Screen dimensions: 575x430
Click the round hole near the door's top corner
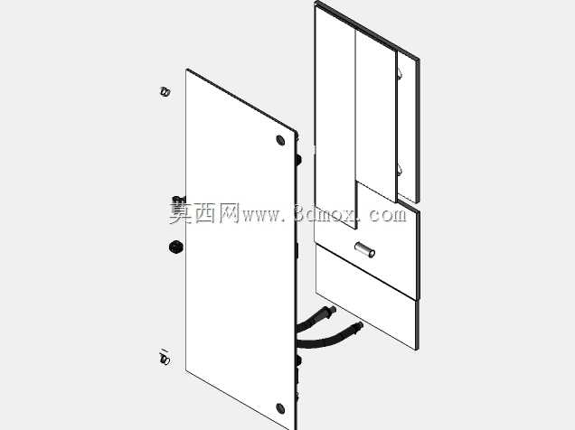point(280,140)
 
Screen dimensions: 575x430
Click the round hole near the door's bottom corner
point(280,408)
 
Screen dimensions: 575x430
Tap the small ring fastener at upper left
point(165,91)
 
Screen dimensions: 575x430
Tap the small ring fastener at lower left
point(165,359)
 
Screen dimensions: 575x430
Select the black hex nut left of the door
point(175,247)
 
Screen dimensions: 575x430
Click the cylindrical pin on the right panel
point(364,250)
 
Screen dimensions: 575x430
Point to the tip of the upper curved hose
point(335,309)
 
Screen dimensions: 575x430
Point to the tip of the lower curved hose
point(361,324)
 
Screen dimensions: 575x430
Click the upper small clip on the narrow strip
point(401,74)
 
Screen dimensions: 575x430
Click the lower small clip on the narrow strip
point(401,169)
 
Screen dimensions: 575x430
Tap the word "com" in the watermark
point(387,215)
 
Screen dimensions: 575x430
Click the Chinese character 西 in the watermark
point(205,213)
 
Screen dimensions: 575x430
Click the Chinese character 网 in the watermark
point(230,213)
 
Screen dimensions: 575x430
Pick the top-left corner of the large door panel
point(187,70)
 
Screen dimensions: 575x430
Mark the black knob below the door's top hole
point(298,160)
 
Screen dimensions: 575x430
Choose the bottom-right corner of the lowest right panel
point(418,349)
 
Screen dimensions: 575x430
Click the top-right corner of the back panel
point(419,59)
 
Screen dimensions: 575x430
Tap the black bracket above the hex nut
point(179,201)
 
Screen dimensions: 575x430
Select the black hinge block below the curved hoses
point(298,360)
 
